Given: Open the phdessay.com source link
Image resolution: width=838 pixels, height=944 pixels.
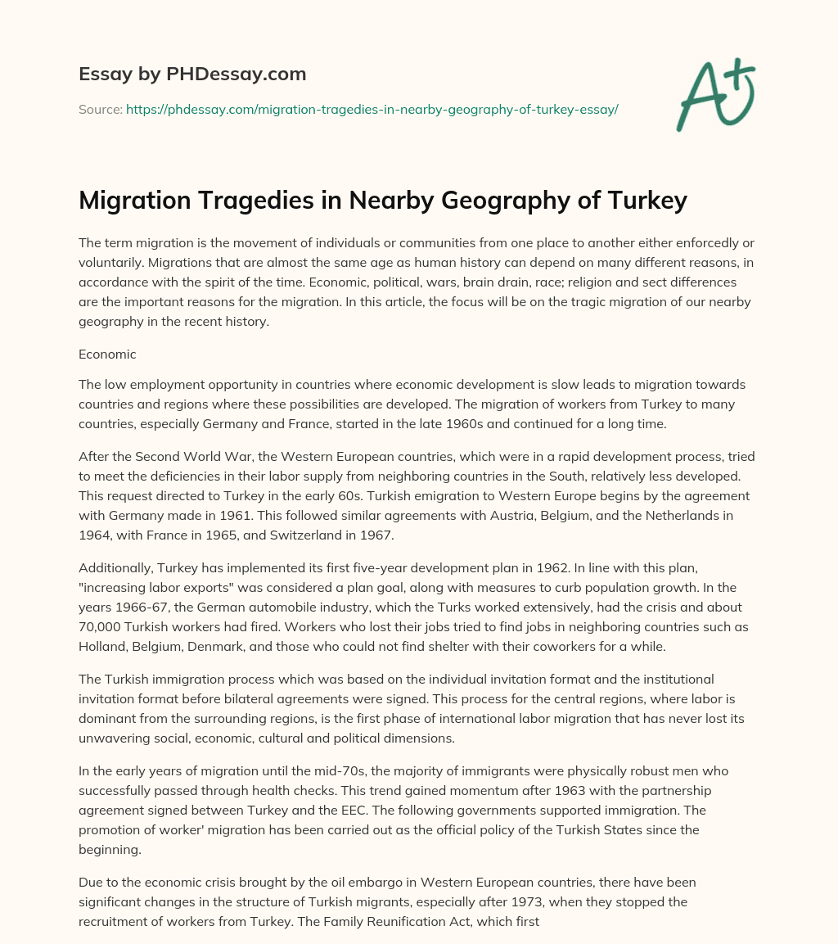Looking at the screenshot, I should click(372, 109).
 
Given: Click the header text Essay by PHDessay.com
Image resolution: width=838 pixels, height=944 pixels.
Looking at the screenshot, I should click(192, 75).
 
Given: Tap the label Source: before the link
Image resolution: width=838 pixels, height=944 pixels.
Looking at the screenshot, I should click(100, 109).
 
